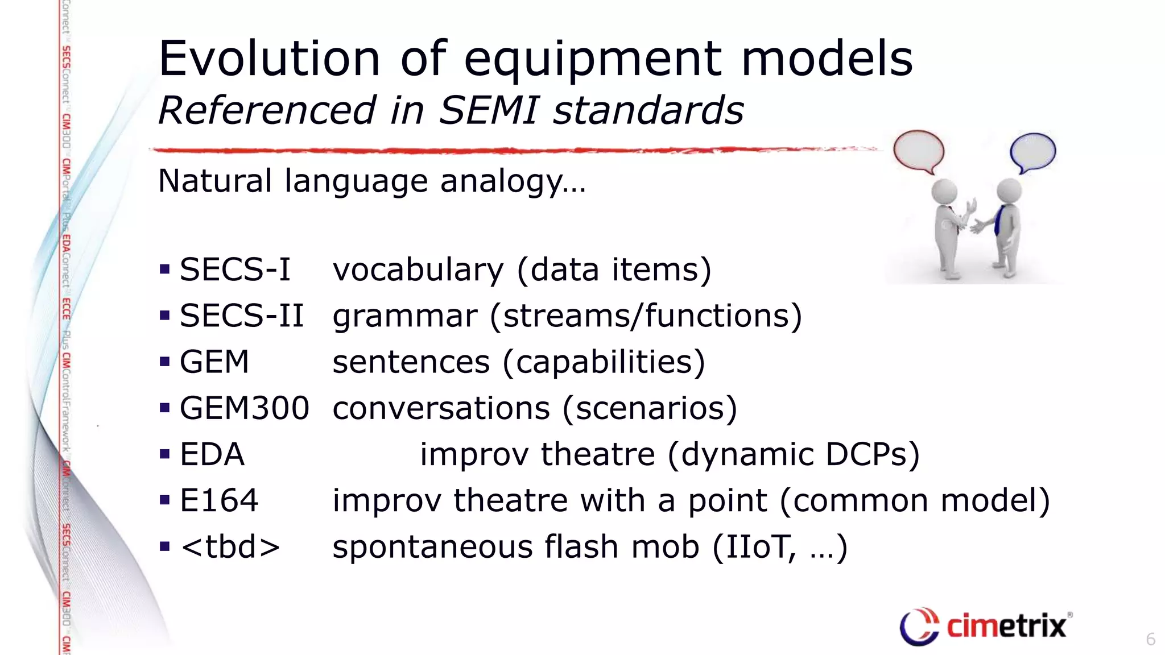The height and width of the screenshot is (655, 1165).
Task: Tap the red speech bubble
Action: (x=918, y=150)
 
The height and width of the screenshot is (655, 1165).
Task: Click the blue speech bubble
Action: (x=1032, y=151)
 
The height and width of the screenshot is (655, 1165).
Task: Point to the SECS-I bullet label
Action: (x=235, y=270)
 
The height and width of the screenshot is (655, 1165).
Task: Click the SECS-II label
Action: (x=242, y=316)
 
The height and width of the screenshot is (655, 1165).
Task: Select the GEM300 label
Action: (x=245, y=408)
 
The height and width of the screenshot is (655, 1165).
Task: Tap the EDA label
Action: (x=212, y=454)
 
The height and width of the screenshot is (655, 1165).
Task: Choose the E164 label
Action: (x=219, y=500)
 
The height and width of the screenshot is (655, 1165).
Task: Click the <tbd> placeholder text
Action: (x=230, y=547)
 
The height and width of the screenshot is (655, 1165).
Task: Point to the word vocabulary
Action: (x=418, y=270)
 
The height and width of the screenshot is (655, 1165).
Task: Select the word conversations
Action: (x=441, y=408)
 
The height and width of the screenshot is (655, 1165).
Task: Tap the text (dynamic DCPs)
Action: (x=794, y=454)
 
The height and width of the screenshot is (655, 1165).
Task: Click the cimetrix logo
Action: (x=985, y=626)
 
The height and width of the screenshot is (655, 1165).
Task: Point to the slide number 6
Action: (x=1150, y=639)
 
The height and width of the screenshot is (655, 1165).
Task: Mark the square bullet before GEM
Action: (x=165, y=362)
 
